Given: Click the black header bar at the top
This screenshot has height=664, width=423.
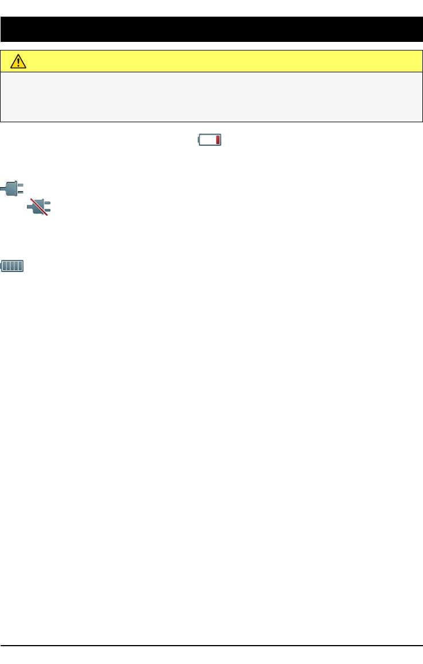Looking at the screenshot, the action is tap(211, 29).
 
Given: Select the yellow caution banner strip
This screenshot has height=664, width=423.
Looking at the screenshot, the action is tap(218, 61).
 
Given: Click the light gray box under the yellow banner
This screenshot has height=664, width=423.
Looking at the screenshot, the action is tap(211, 96).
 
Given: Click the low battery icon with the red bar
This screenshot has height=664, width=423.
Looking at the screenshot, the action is tap(210, 140).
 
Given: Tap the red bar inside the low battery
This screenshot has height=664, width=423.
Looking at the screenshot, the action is tap(218, 140).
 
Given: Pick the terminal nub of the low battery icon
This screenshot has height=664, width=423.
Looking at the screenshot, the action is tap(199, 140).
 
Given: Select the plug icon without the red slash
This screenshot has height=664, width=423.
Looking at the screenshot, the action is tap(11, 188).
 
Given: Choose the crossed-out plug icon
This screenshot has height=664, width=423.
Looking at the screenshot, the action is tap(39, 207).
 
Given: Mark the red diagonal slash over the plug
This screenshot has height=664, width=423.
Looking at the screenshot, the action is tap(39, 207).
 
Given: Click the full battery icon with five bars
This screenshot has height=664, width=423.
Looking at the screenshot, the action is tap(13, 266).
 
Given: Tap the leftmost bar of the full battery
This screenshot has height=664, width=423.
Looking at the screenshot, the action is tap(5, 266).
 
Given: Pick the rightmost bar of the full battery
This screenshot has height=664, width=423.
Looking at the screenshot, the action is tap(21, 266).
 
